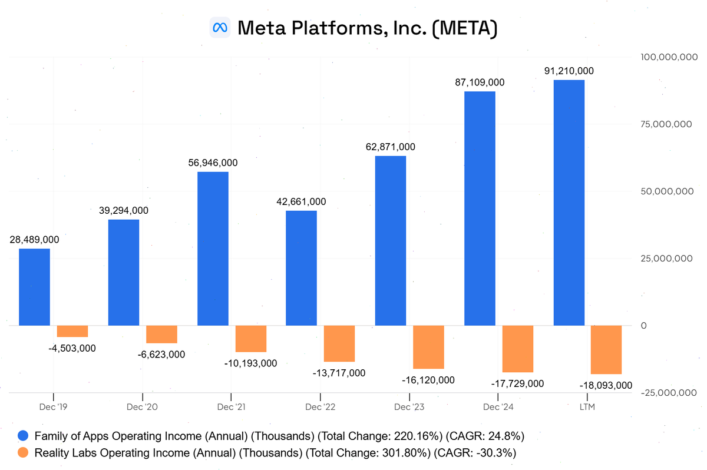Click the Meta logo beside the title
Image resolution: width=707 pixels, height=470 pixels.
pos(220,28)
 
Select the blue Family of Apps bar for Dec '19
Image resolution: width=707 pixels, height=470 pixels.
pos(34,287)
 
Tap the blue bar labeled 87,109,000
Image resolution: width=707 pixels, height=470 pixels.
pos(480,208)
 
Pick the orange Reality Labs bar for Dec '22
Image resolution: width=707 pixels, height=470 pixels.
pos(339,343)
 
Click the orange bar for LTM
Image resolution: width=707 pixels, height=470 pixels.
pos(606,349)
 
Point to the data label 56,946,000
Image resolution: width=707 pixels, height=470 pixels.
pos(213,163)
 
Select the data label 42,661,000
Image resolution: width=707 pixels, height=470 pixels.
pos(301,201)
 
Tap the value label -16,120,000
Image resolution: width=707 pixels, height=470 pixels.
pos(428,380)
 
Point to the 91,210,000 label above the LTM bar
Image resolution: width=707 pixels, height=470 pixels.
pos(569,71)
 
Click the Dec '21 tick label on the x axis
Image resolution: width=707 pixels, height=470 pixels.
pos(232,407)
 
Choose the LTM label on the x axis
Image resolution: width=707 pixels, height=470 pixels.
pos(587,407)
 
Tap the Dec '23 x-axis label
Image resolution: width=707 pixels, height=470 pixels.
pos(409,407)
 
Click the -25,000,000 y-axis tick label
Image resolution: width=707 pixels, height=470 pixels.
pos(664,393)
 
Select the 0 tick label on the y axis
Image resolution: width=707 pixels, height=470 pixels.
pos(643,326)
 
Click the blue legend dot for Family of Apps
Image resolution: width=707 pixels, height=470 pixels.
pos(23,436)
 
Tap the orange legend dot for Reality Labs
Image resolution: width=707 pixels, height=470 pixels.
pos(23,453)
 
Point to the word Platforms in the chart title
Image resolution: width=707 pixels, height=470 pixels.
pos(333,28)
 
